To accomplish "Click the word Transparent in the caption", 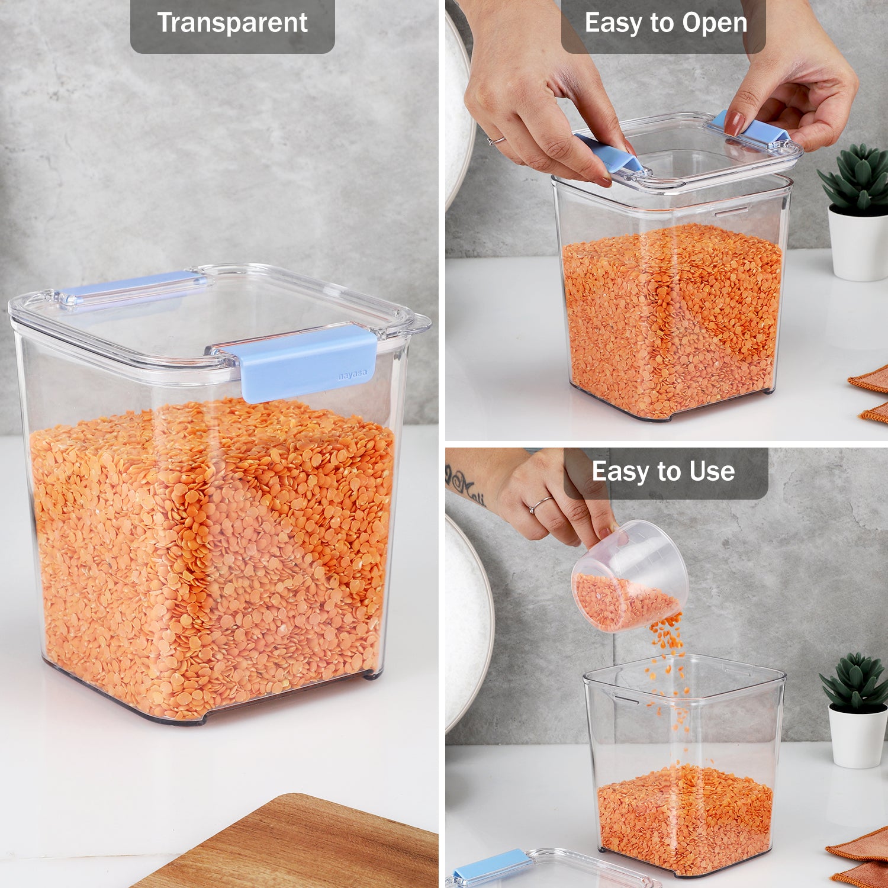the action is [x=232, y=23].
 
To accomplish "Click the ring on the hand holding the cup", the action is [x=540, y=504].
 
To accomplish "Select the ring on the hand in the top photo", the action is [x=496, y=140].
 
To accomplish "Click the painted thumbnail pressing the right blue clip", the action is [x=735, y=123].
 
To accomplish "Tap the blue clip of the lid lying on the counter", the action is [x=491, y=866].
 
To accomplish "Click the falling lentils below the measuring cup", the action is [x=669, y=669].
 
